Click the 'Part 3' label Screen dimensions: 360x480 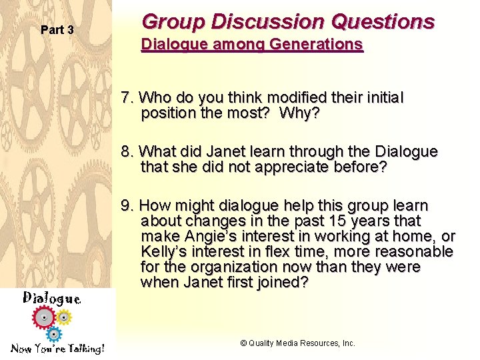point(57,30)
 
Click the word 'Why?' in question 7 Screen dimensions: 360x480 point(300,113)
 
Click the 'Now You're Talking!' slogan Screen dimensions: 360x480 point(57,349)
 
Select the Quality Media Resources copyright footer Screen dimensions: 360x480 point(297,343)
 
